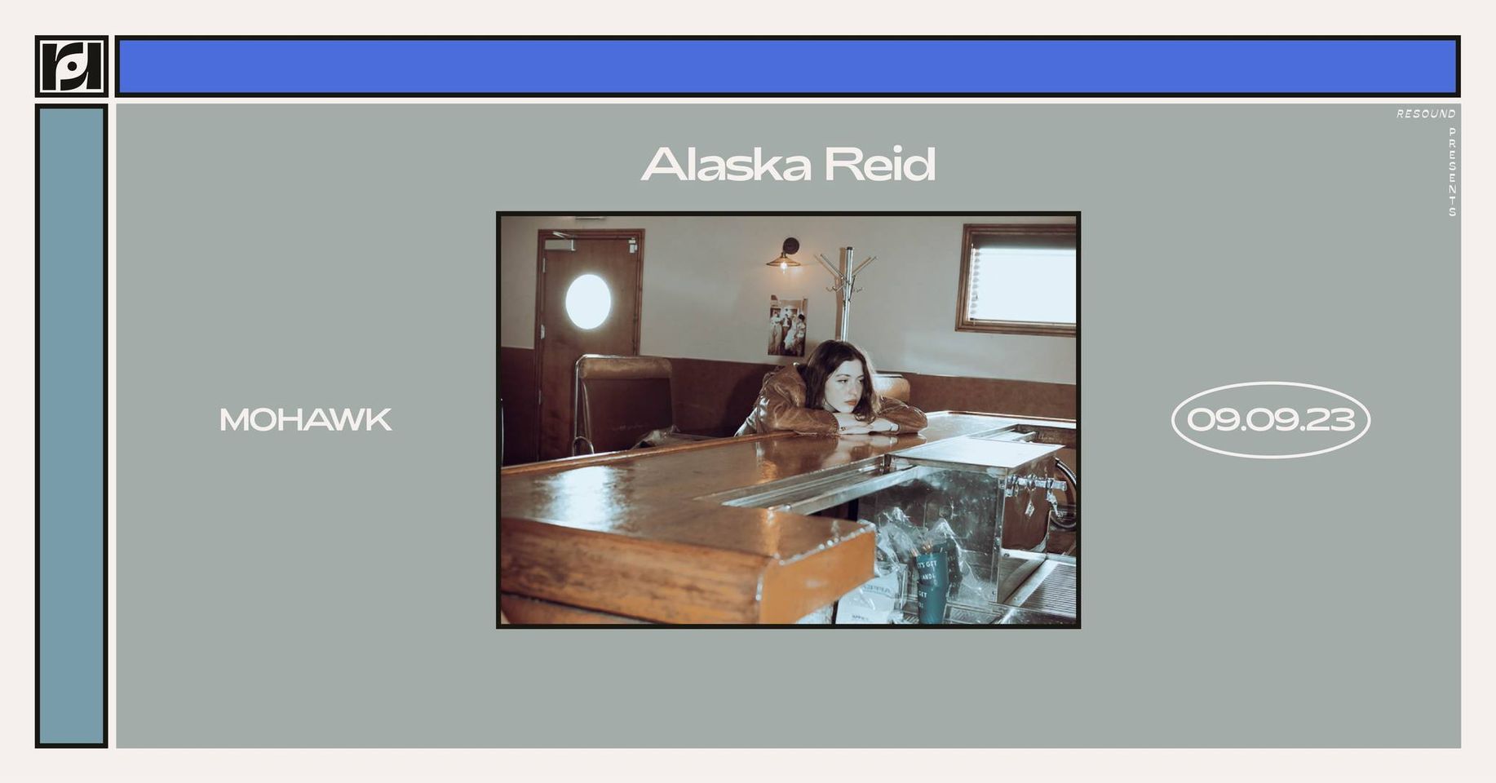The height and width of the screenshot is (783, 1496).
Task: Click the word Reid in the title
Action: point(879,165)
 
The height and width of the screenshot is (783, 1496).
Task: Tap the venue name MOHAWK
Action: point(306,420)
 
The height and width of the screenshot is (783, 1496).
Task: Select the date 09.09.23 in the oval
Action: point(1270,420)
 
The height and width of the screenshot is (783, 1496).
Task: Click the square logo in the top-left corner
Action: point(72,66)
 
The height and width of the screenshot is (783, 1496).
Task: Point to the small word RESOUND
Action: point(1426,114)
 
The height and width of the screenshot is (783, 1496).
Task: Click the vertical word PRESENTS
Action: point(1452,172)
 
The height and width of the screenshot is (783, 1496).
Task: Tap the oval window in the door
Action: point(587,302)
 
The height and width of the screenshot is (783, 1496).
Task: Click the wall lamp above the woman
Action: point(785,254)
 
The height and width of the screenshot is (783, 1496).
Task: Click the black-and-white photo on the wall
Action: point(786,326)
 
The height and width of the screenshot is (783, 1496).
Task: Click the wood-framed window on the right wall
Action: point(1016,280)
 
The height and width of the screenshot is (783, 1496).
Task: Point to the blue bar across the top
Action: point(788,67)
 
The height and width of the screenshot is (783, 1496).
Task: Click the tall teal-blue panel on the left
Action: point(72,426)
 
